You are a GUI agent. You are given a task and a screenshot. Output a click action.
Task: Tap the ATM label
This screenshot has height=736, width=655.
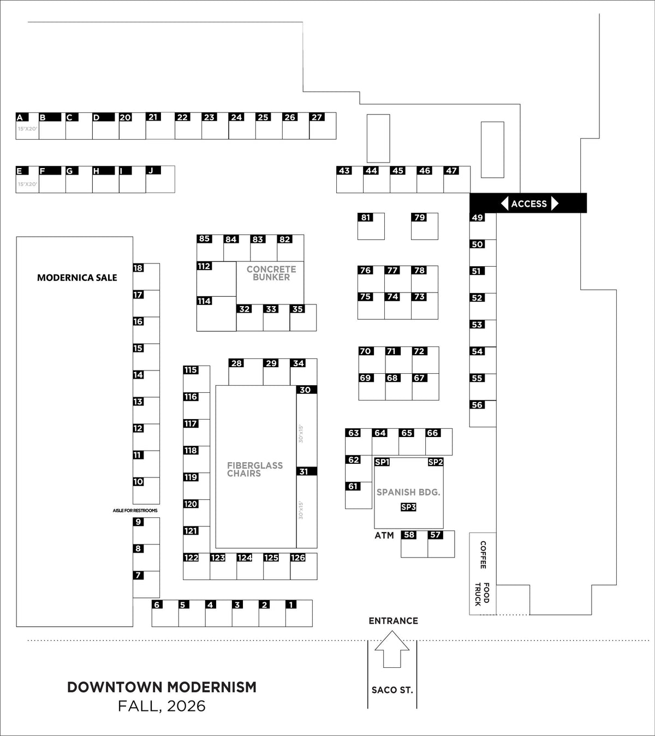(384, 535)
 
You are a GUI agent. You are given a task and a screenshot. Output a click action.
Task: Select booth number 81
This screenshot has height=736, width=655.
(366, 217)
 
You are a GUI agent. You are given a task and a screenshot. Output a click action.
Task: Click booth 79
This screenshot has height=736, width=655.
(419, 217)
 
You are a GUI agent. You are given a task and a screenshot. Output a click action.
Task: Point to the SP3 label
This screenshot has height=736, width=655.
(408, 507)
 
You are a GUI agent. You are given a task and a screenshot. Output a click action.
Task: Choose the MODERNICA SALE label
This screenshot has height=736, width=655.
(77, 278)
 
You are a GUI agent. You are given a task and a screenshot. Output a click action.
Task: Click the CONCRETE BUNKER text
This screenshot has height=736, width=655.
(271, 273)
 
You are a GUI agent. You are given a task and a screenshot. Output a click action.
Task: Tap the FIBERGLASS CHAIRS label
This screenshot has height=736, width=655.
(254, 469)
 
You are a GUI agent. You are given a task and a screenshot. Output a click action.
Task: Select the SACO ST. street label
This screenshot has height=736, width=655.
(392, 690)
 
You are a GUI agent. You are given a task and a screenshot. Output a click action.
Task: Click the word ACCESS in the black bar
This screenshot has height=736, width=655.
(529, 204)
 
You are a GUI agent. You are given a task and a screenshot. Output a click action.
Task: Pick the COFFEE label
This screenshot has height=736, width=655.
(483, 555)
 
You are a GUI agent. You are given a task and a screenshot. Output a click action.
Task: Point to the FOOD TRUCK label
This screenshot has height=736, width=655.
(483, 594)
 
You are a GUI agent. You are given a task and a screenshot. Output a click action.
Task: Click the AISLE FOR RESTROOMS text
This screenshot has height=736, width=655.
(135, 511)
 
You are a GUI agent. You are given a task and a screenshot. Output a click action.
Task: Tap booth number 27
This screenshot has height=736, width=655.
(317, 117)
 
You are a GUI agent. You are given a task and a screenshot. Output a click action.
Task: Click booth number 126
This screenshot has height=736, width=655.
(297, 558)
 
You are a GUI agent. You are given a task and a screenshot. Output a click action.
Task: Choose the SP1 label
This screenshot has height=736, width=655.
(382, 462)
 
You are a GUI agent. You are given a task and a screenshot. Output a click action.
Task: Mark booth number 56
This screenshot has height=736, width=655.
(477, 405)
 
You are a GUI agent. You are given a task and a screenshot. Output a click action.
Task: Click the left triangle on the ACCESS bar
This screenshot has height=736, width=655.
(504, 203)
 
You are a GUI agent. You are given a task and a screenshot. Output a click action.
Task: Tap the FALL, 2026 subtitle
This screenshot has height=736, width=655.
(162, 706)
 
